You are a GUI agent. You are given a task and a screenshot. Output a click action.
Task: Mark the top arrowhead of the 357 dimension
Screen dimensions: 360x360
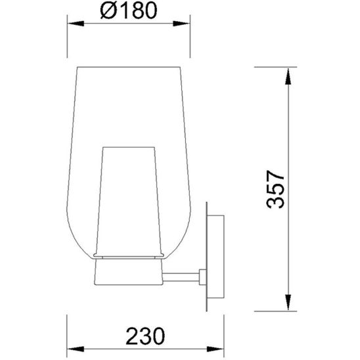(x=288, y=74)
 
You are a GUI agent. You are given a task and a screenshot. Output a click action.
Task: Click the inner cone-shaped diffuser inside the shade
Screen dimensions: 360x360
(x=130, y=197)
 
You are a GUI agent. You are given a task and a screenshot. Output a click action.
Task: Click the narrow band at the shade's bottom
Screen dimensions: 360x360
(x=129, y=254)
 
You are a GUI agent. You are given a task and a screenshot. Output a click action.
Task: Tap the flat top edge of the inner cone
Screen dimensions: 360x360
(x=129, y=146)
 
